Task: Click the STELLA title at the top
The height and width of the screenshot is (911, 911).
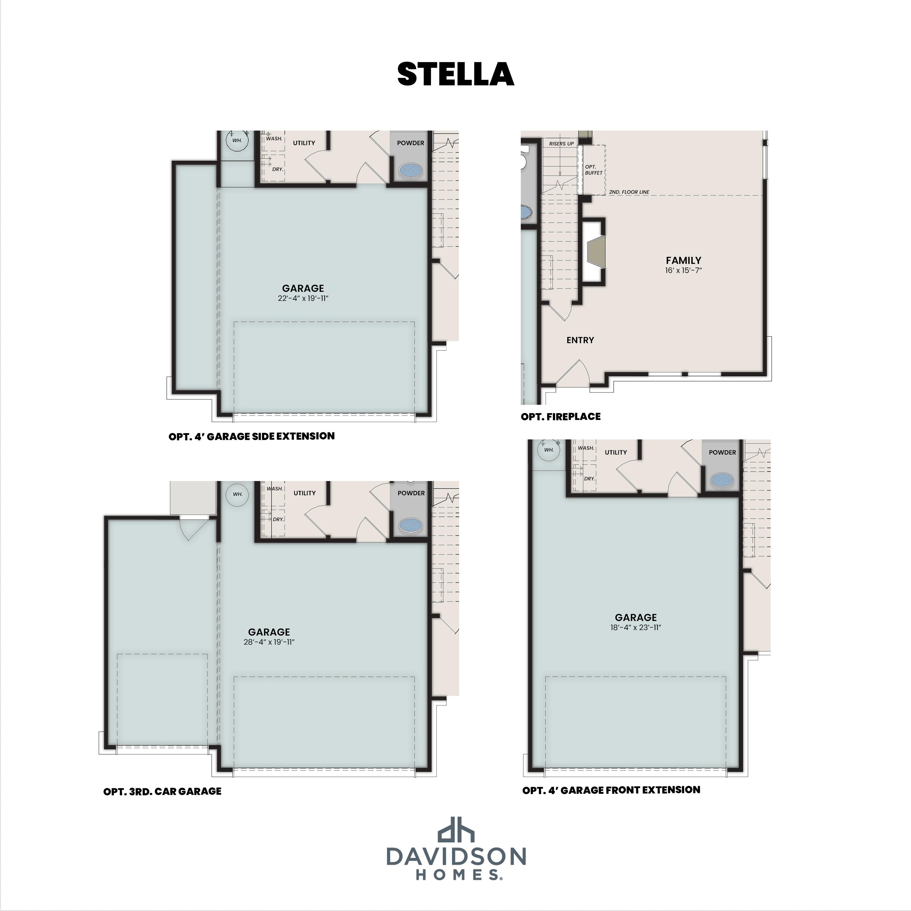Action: [455, 74]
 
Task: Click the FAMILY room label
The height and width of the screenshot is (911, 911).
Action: [683, 260]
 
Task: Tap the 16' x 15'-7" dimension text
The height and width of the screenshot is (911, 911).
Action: [683, 271]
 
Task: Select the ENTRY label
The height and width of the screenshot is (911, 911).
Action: [580, 340]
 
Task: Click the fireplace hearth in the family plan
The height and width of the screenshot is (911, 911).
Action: [595, 252]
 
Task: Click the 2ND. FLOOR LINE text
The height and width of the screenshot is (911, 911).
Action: [629, 192]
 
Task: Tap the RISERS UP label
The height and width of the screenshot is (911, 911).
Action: [561, 143]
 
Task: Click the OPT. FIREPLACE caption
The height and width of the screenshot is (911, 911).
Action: [560, 416]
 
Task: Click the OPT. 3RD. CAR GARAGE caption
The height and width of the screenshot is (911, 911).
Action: [162, 792]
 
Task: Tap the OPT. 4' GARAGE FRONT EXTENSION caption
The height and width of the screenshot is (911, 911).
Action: [611, 790]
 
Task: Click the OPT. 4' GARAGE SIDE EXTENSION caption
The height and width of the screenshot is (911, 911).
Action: [251, 436]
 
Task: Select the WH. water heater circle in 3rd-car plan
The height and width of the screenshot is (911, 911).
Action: [237, 494]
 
